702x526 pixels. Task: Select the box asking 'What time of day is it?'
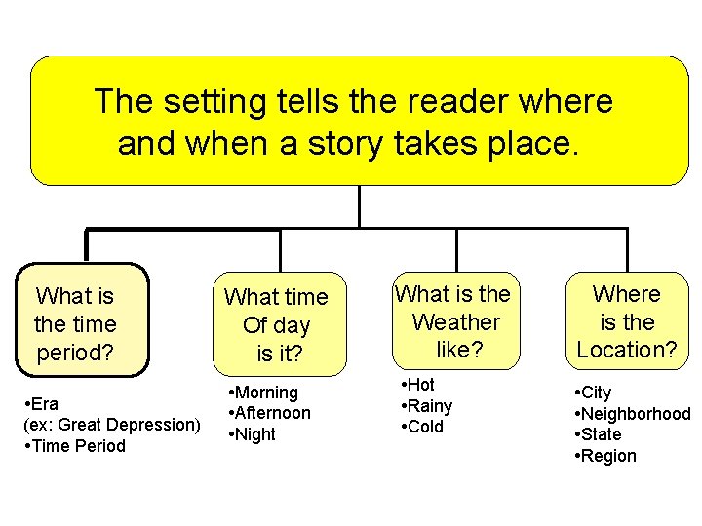(x=280, y=324)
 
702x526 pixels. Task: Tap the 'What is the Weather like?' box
(x=454, y=321)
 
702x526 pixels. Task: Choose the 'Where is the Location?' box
(x=628, y=321)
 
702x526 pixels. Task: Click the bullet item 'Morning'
(x=265, y=392)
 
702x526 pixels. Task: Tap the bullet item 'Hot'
(x=420, y=385)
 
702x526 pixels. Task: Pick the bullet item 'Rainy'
(x=429, y=405)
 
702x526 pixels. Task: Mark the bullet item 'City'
(x=595, y=393)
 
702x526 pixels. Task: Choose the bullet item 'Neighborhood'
(x=636, y=414)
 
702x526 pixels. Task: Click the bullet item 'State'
(x=600, y=434)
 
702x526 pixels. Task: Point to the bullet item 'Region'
(x=607, y=456)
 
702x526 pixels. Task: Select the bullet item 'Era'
(x=44, y=403)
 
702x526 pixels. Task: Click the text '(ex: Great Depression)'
(x=111, y=425)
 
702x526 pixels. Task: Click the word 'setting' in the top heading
(x=204, y=101)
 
